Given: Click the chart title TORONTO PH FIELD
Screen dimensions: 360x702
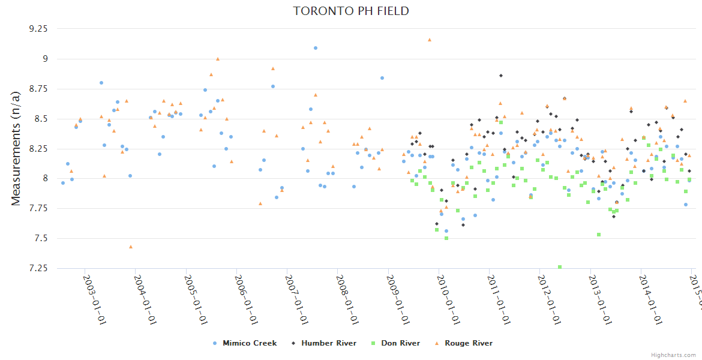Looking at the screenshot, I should click(351, 11).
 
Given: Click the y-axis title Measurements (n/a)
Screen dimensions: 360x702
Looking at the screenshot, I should click(16, 148).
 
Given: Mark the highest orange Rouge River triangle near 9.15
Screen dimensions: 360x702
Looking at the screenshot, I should click(430, 40).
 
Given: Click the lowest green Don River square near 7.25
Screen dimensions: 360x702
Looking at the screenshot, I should click(560, 267).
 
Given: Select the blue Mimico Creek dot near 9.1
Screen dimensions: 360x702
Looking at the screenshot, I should click(316, 48).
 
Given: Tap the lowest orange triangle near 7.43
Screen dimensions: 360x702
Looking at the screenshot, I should click(131, 247).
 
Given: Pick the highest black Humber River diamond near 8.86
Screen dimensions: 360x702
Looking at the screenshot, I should click(501, 76).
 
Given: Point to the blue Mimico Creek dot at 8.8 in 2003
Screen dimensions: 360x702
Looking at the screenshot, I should click(101, 83).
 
